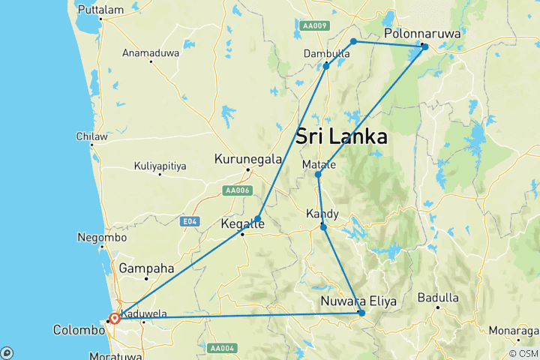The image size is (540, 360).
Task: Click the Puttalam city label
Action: click(101, 10)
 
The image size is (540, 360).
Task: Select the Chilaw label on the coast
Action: click(91, 136)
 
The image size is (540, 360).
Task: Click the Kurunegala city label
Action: click(248, 159)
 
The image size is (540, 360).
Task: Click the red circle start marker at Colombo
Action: click(115, 318)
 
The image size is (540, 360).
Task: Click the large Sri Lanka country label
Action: click(341, 137)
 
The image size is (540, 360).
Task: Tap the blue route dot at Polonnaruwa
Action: click(424, 46)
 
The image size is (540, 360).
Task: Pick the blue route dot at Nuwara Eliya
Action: click(361, 313)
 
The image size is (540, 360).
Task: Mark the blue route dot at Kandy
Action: click(323, 226)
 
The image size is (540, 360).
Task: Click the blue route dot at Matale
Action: click(318, 175)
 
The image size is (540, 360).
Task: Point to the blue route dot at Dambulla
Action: click(326, 66)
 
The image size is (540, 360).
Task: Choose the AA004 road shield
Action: click(223, 348)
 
